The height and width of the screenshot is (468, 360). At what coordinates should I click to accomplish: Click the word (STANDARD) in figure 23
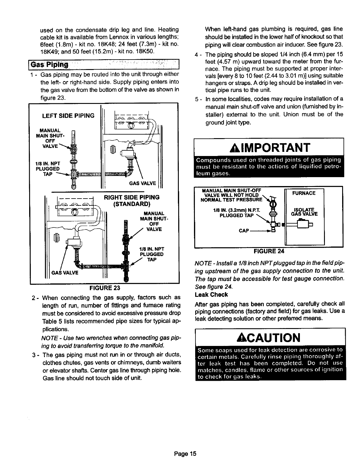132,204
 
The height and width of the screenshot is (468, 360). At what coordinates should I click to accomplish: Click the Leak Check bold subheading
211,295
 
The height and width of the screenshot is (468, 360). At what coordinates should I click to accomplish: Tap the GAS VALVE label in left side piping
143,183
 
